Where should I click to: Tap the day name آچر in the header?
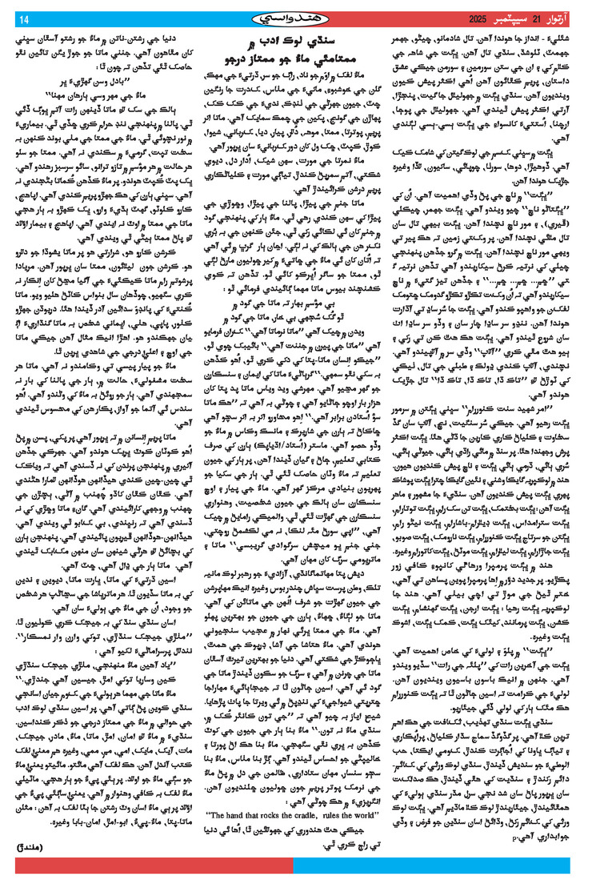(x=570, y=18)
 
